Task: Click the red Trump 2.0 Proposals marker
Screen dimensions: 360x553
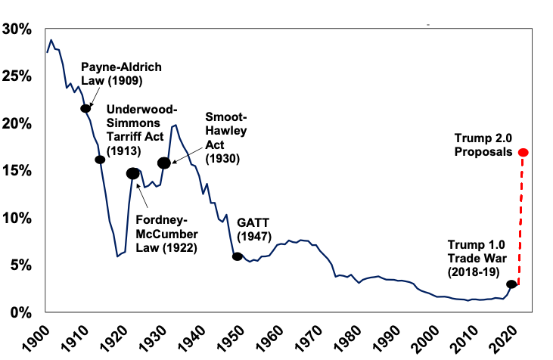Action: pyautogui.click(x=523, y=153)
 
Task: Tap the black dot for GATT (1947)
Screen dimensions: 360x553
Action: pyautogui.click(x=238, y=256)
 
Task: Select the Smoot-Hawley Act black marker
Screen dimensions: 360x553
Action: pyautogui.click(x=163, y=163)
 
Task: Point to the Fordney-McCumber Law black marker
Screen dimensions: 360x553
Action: pyautogui.click(x=133, y=173)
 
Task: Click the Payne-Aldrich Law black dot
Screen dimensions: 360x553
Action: pyautogui.click(x=85, y=108)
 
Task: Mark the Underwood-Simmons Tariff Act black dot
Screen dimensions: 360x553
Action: pyautogui.click(x=100, y=160)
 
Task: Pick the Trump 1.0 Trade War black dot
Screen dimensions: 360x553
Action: pyautogui.click(x=511, y=284)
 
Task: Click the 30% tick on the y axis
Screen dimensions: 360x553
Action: pyautogui.click(x=17, y=29)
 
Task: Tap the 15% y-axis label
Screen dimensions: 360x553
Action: pyautogui.click(x=17, y=171)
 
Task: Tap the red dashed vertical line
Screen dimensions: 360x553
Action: pyautogui.click(x=521, y=219)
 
